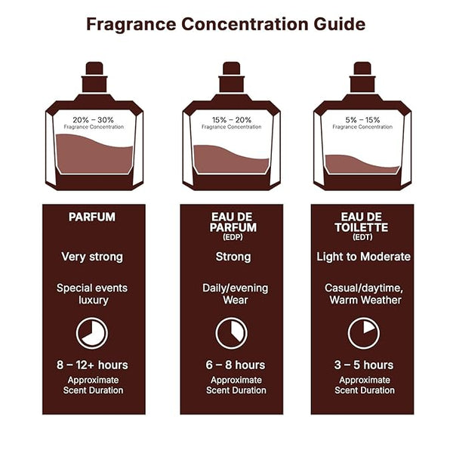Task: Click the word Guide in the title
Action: [340, 24]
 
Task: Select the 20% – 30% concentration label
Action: [93, 119]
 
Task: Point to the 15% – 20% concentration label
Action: [232, 119]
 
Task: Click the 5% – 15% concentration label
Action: [362, 119]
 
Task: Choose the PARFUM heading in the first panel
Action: [92, 217]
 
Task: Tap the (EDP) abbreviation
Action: [233, 237]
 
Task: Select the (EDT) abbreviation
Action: [362, 237]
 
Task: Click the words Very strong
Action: [92, 257]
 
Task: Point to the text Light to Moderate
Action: [363, 257]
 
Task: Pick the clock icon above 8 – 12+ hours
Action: [92, 320]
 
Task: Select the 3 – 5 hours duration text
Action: [364, 365]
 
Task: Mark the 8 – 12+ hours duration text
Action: [92, 365]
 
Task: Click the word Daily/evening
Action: [235, 288]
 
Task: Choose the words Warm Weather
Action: [365, 300]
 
